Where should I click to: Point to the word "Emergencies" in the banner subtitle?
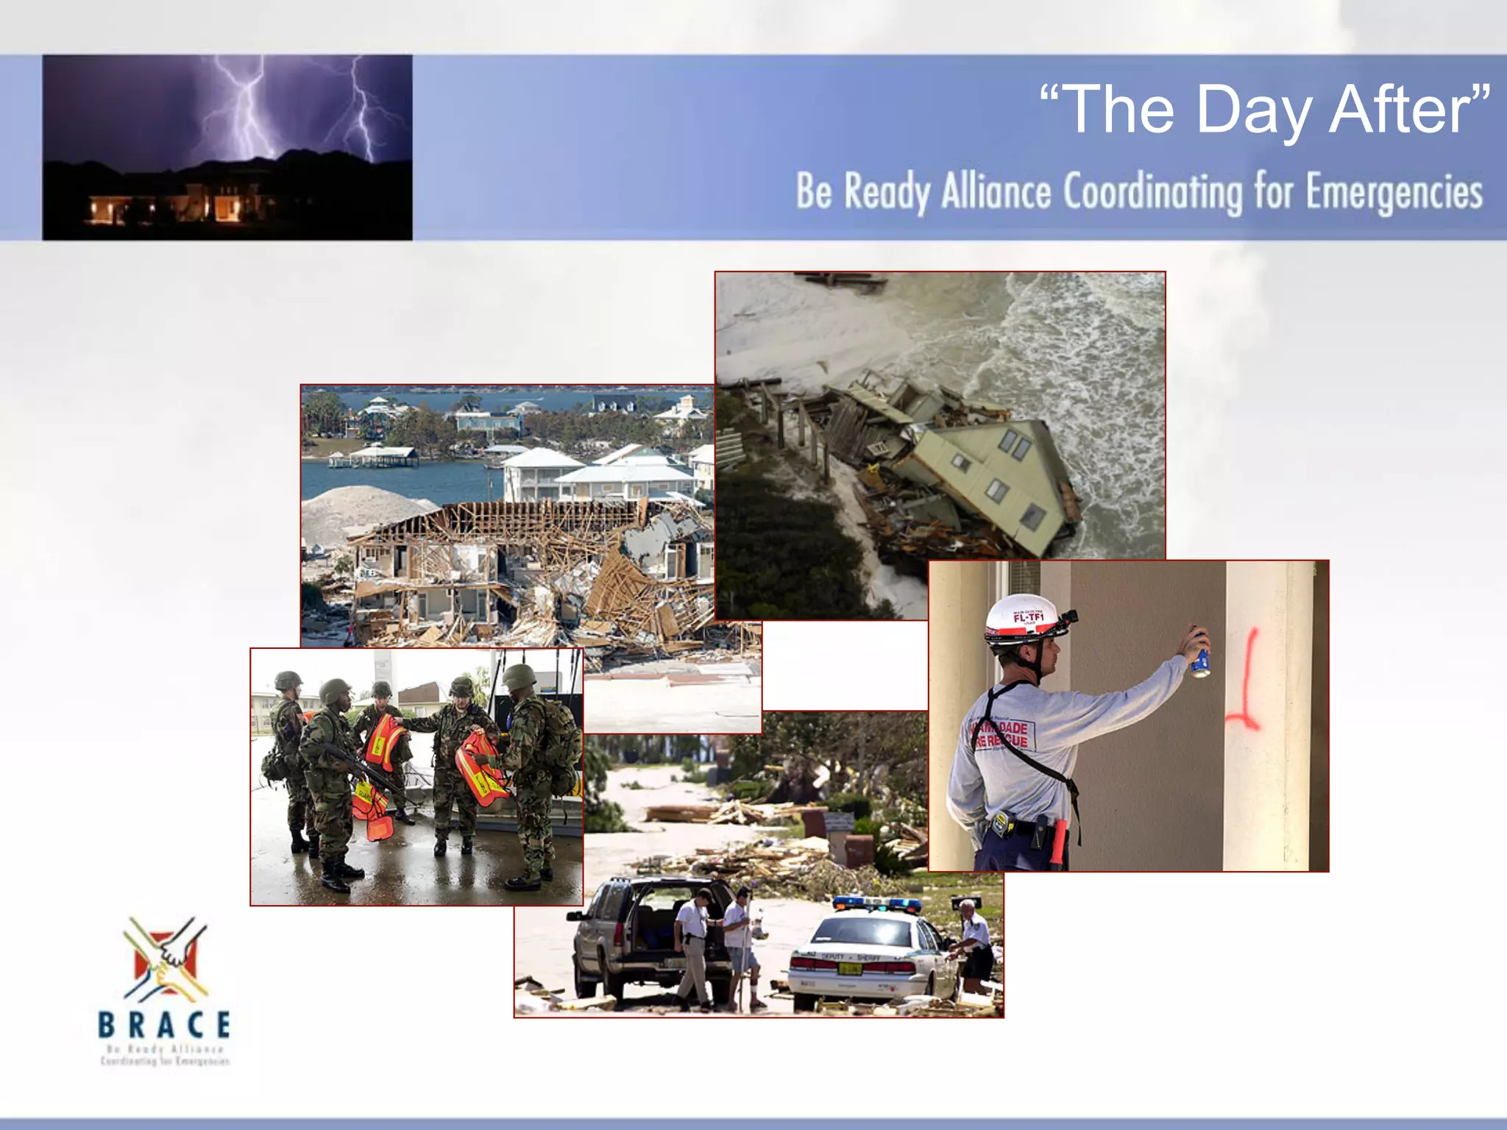click(1394, 193)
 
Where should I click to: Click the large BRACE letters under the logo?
click(164, 1024)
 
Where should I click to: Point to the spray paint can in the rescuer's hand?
click(1200, 654)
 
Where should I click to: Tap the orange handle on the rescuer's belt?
click(1057, 842)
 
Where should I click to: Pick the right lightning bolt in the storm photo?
click(361, 110)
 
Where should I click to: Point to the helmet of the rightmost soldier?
click(519, 675)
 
